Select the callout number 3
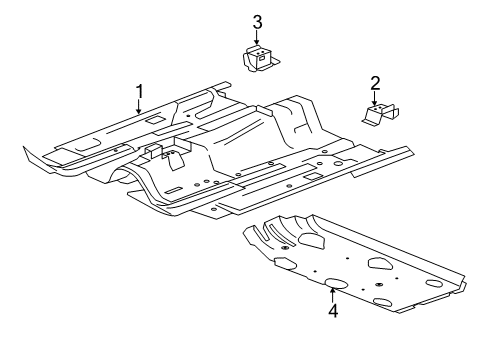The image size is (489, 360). click(x=257, y=21)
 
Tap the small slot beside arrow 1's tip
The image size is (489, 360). click(x=156, y=120)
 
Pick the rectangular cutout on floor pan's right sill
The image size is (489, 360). click(x=312, y=176)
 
